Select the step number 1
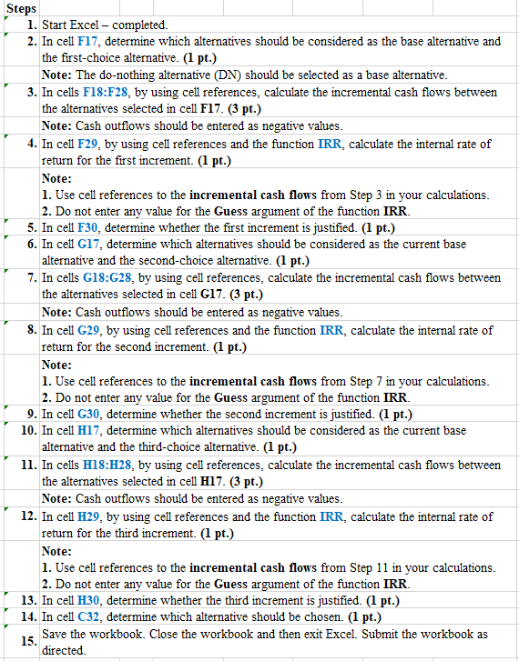(x=32, y=25)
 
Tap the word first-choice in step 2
(x=101, y=57)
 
